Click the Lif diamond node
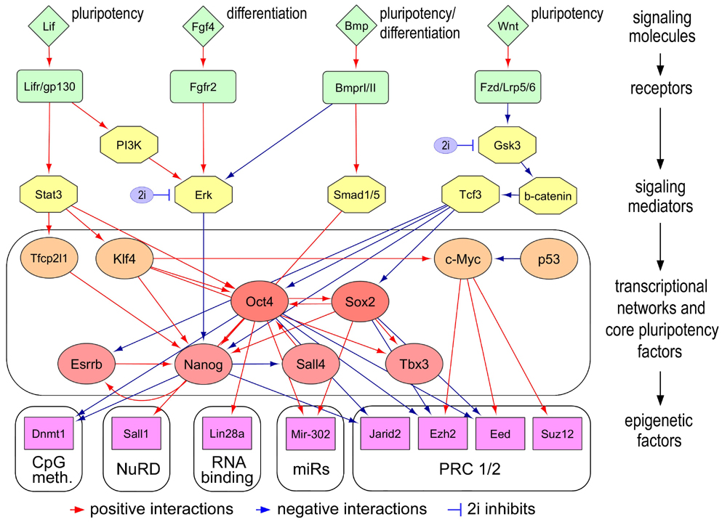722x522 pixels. (49, 26)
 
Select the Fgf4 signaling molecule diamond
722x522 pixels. (203, 26)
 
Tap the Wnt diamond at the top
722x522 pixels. (508, 25)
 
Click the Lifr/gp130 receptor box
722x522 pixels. (49, 86)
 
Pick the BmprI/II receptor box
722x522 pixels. (356, 87)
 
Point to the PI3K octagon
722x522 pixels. (129, 145)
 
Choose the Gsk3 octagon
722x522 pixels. (508, 145)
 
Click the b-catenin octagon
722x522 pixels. (548, 195)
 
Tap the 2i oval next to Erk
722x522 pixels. (143, 195)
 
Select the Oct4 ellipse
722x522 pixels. (260, 302)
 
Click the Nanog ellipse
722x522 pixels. (203, 364)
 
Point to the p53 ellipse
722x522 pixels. (549, 259)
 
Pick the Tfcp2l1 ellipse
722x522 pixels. (49, 258)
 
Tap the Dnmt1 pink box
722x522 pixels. (49, 433)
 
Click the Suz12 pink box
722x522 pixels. (557, 433)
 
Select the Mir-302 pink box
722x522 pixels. (310, 433)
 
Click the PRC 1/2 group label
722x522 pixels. (469, 469)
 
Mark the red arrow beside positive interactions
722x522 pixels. (77, 510)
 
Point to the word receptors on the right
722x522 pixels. (661, 88)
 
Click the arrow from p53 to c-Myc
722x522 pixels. (507, 259)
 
